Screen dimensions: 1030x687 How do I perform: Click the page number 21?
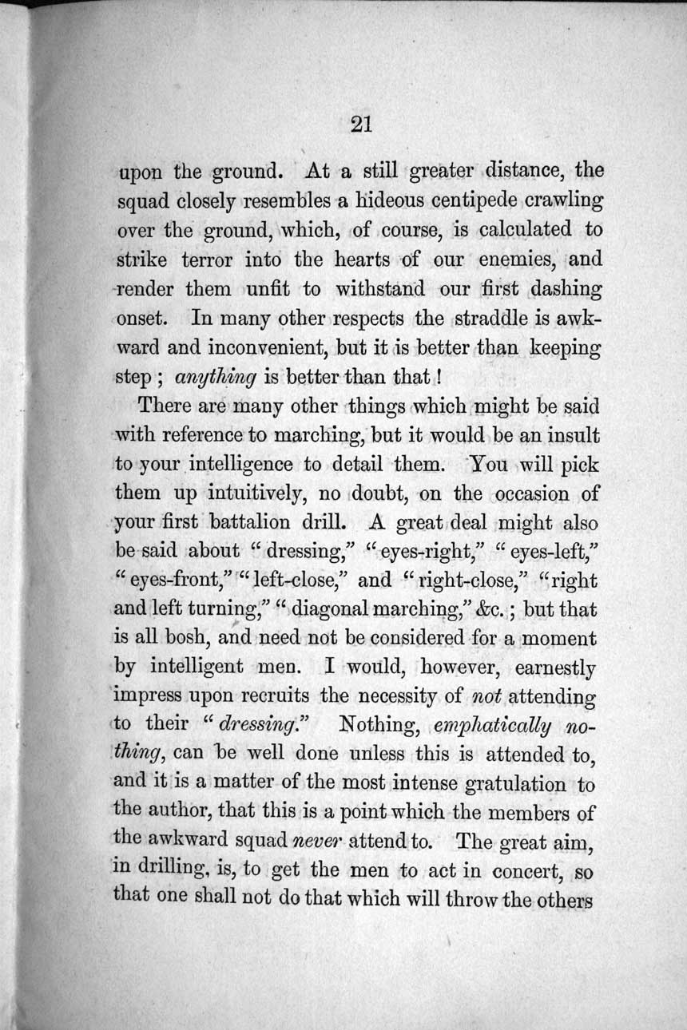(361, 124)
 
